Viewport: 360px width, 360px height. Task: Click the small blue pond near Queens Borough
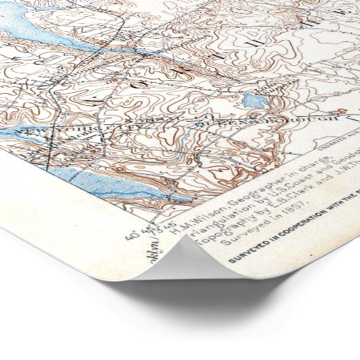pyautogui.click(x=254, y=101)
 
